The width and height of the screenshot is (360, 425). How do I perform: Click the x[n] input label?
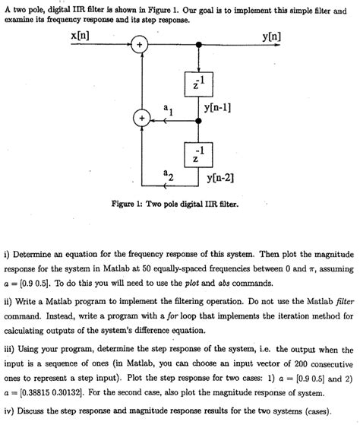point(82,36)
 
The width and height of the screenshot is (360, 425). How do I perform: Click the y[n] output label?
point(269,36)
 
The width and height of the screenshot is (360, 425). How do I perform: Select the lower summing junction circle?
point(140,119)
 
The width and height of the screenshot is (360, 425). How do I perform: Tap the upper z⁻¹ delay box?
point(199,85)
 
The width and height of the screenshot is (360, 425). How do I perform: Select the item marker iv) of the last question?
point(10,410)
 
